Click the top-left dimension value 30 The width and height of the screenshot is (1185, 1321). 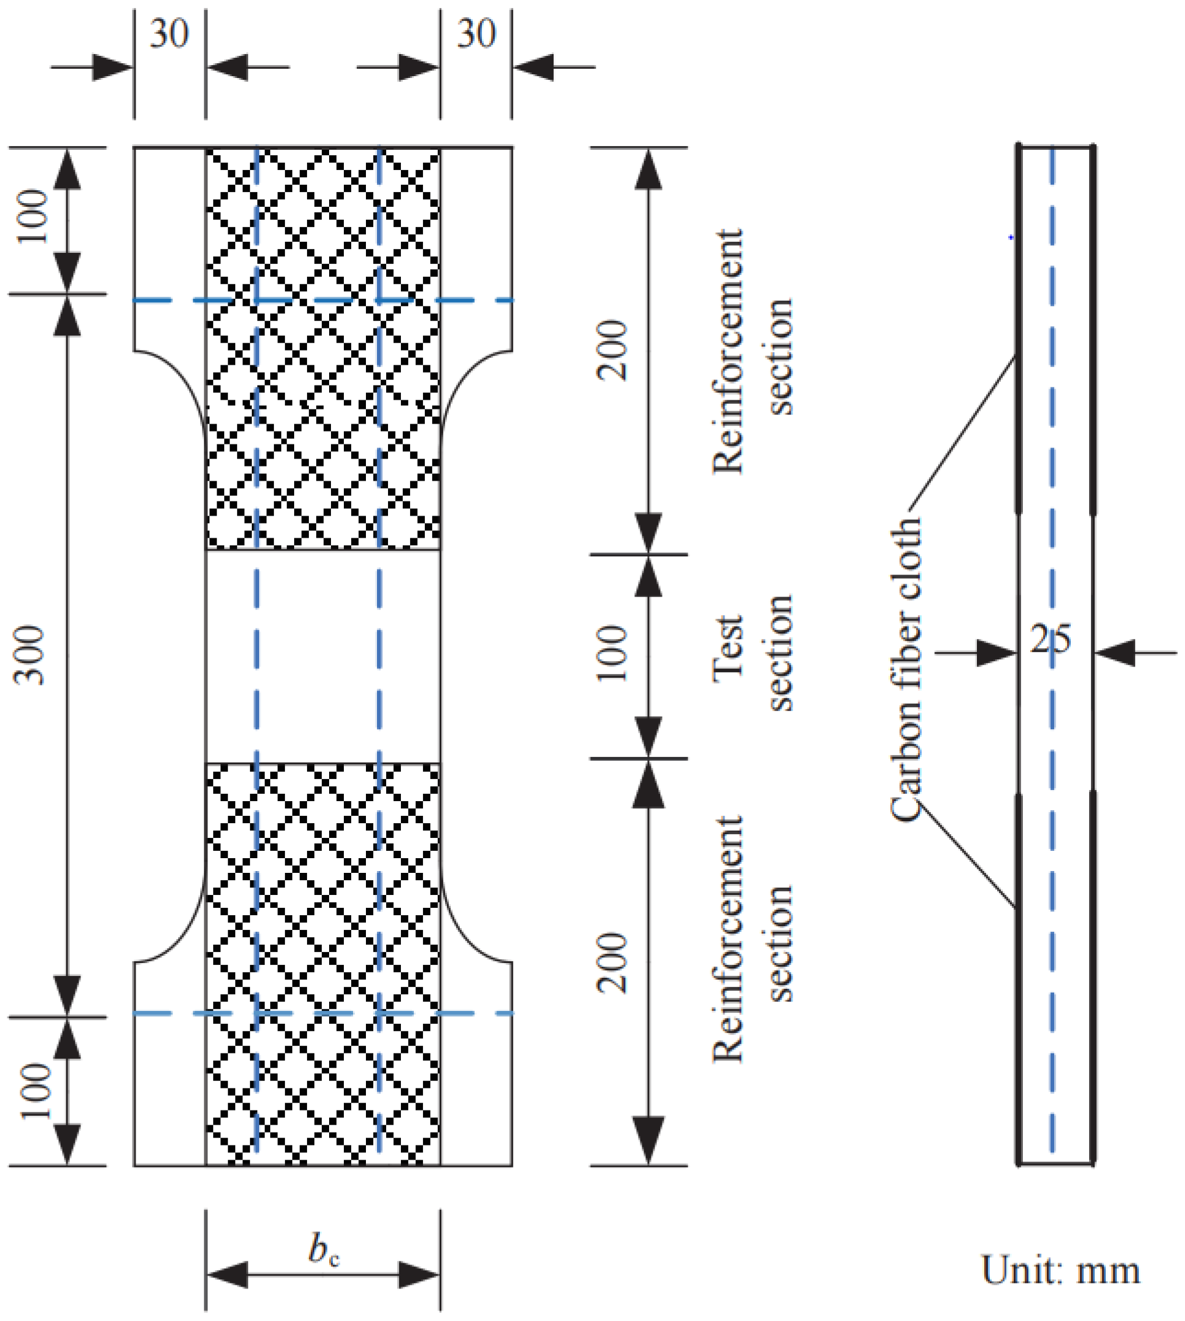[x=169, y=34]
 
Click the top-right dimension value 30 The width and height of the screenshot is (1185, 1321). [x=476, y=34]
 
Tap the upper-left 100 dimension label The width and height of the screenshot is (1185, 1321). [x=33, y=217]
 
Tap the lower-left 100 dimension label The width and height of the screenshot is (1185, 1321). [x=35, y=1091]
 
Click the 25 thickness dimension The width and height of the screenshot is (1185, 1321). [x=1050, y=640]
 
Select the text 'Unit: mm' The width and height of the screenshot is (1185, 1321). [x=1060, y=1270]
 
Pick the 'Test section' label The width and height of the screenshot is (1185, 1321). [x=753, y=652]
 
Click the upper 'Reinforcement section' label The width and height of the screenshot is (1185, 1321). [x=753, y=352]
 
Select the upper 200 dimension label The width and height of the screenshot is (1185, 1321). [x=613, y=351]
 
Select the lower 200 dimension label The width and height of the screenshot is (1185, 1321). [x=613, y=963]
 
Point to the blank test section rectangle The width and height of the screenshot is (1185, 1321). [x=323, y=656]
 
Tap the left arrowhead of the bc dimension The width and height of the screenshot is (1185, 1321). [x=228, y=1275]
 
